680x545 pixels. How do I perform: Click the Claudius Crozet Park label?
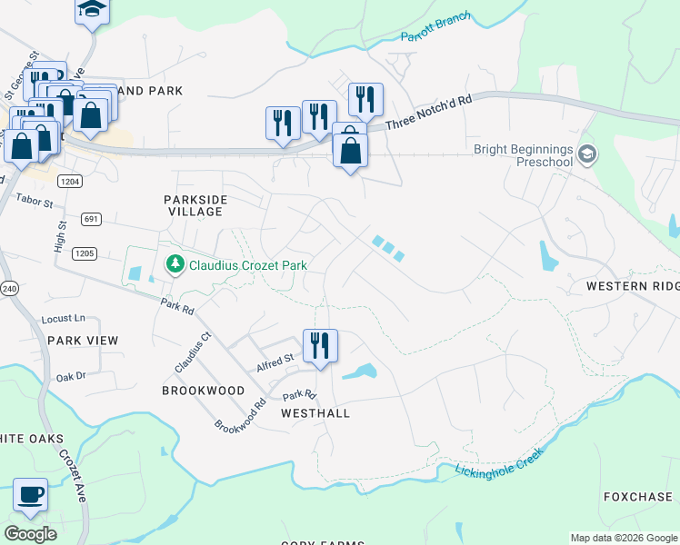247,265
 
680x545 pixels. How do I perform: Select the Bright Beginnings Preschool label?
524,155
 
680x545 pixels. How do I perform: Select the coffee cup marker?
31,495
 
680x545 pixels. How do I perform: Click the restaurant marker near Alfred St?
320,346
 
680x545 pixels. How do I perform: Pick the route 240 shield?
9,289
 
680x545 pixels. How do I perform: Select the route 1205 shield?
85,253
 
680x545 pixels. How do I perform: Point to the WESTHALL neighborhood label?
315,412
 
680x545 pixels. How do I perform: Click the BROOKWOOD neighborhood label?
203,391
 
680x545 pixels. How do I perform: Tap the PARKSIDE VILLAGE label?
195,205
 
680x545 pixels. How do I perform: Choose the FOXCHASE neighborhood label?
637,497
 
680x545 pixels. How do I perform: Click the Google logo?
30,534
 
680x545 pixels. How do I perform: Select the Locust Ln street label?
63,319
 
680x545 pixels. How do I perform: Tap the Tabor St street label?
35,197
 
